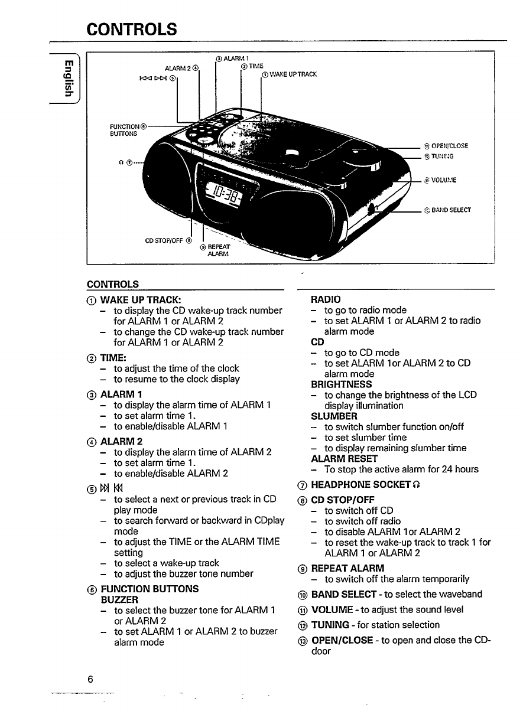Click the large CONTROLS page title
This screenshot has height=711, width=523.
(x=131, y=28)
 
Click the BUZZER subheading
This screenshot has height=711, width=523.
(x=117, y=599)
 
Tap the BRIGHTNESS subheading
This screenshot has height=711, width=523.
(x=342, y=384)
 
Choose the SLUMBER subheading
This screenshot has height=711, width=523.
(x=334, y=416)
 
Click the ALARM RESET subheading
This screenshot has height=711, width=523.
(x=344, y=459)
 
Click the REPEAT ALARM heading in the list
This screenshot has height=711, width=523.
(x=347, y=568)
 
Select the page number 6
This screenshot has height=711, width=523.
(x=90, y=679)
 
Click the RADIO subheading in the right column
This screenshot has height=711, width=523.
(x=326, y=299)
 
